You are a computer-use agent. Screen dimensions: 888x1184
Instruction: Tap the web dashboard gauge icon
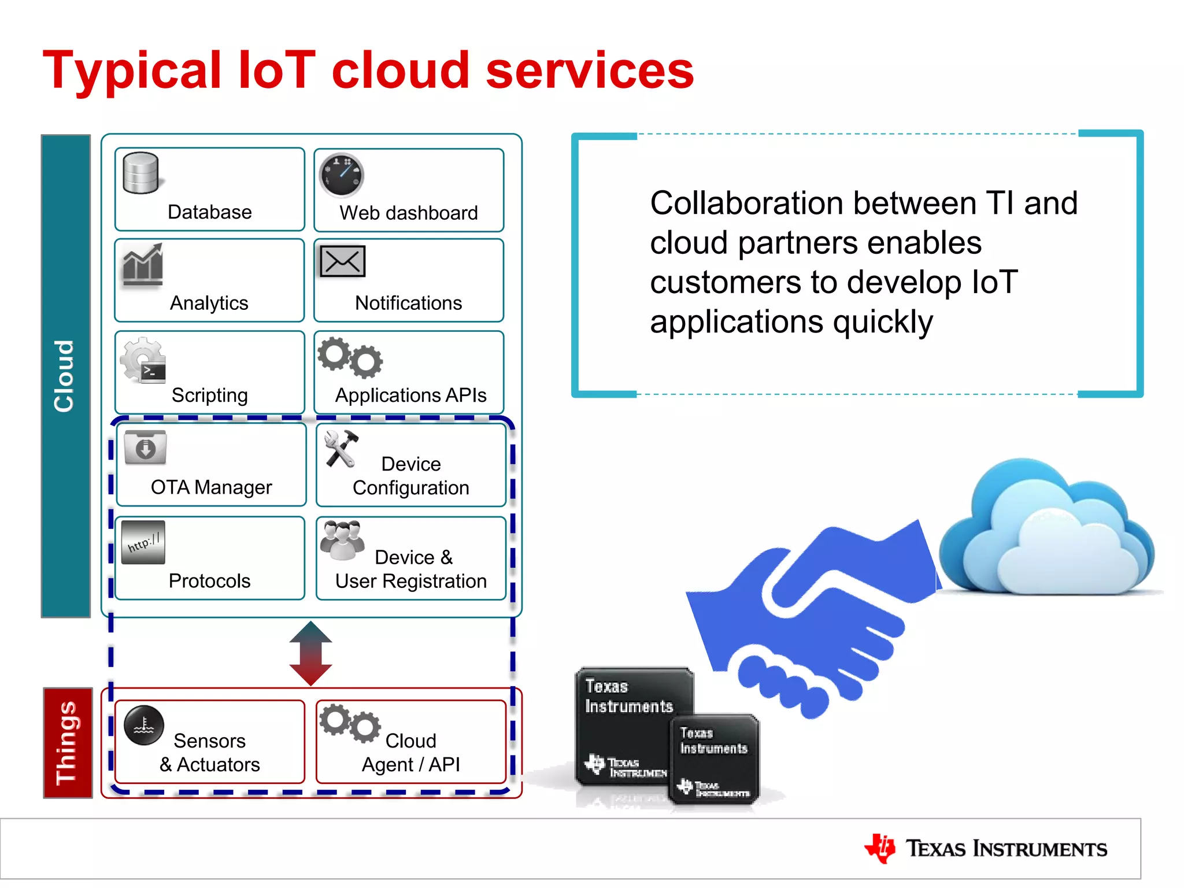click(342, 175)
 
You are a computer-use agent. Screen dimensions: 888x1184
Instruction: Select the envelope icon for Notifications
click(343, 262)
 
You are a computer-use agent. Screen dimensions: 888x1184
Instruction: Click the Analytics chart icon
click(142, 265)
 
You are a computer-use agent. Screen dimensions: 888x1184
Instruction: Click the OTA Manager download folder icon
click(145, 447)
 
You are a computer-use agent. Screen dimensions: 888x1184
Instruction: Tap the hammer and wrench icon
click(341, 448)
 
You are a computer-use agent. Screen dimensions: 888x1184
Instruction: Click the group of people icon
click(342, 540)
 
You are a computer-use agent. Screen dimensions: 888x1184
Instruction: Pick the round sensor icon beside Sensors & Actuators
click(144, 725)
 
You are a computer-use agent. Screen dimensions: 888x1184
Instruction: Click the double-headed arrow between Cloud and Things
click(310, 653)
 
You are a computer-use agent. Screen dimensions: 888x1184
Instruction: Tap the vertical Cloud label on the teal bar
click(65, 376)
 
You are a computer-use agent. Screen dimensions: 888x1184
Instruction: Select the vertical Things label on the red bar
click(67, 743)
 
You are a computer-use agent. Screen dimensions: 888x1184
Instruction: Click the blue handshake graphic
click(809, 613)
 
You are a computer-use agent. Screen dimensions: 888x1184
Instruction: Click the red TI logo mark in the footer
click(880, 848)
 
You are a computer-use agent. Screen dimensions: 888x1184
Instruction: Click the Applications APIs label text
click(410, 395)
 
